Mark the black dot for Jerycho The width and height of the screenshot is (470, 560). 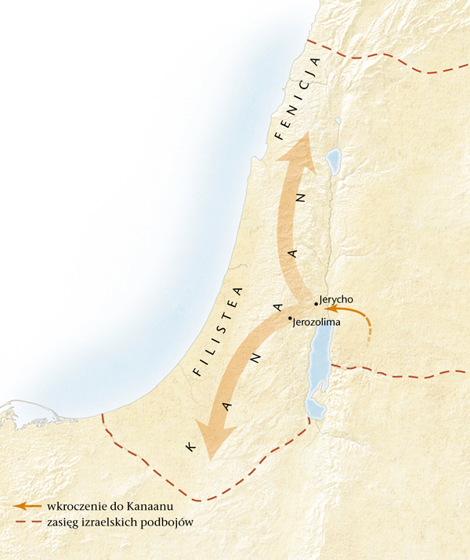click(x=316, y=302)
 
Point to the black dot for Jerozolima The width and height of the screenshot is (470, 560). click(x=290, y=318)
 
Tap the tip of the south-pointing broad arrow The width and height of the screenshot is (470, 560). click(x=208, y=461)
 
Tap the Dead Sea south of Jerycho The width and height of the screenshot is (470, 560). click(x=320, y=368)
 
